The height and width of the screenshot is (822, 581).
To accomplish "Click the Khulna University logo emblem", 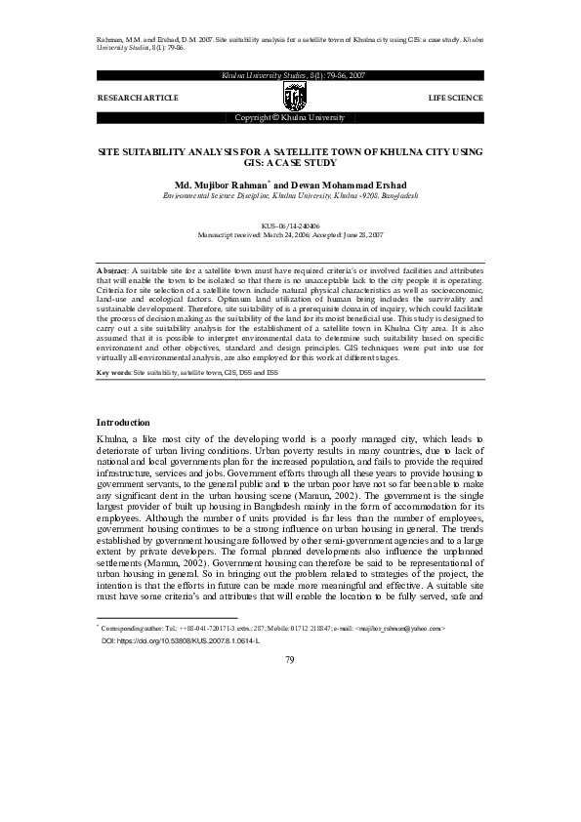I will [290, 96].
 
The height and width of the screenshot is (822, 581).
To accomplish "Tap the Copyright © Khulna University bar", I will [290, 117].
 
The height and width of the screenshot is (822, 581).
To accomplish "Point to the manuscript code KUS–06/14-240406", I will [290, 226].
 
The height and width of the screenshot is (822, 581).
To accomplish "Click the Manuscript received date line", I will [290, 235].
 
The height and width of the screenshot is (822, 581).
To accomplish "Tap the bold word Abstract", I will [113, 269].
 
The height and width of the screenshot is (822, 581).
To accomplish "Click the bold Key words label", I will [114, 374].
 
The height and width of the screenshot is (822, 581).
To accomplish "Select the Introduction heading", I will [122, 422].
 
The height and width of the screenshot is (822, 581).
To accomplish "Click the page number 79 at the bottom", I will [290, 770].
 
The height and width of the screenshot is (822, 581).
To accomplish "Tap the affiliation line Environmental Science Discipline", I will [290, 195].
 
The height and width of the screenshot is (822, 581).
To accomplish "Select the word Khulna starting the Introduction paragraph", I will [111, 441].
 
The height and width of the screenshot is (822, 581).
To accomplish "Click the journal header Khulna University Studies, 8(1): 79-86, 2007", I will [290, 74].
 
